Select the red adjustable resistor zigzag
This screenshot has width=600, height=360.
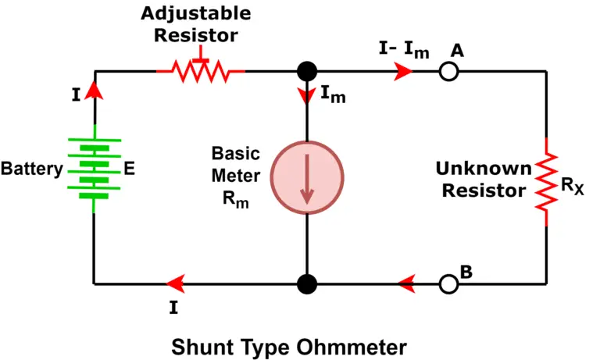(x=202, y=72)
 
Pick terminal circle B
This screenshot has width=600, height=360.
(x=448, y=283)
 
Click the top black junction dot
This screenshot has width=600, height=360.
(x=307, y=72)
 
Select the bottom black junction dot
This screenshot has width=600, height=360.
(x=307, y=283)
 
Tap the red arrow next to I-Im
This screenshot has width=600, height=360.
(x=403, y=72)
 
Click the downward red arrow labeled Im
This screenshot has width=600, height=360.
(x=307, y=95)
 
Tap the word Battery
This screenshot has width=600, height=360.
(x=31, y=169)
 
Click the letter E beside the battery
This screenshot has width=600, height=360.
(x=129, y=169)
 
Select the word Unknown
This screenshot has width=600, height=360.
(x=484, y=169)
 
